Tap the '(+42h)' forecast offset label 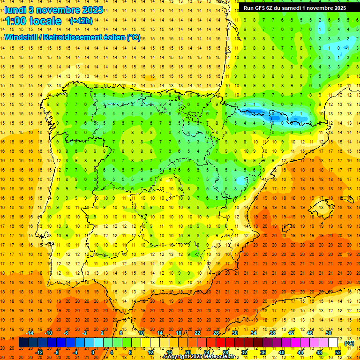coord(81,21)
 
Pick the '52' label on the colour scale coord(338,352)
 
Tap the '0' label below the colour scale coord(93,352)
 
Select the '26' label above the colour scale coord(216,333)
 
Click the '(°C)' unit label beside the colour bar coord(349,343)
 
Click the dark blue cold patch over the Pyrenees coord(255,113)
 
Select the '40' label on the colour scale coord(281,352)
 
